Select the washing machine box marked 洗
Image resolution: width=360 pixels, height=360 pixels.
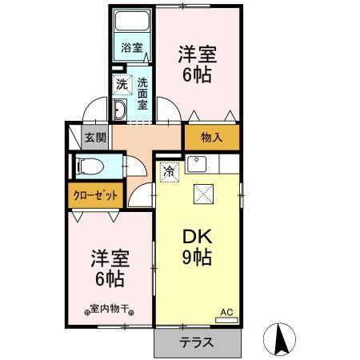pyautogui.click(x=121, y=82)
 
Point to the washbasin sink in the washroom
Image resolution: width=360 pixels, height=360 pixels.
pyautogui.click(x=120, y=110)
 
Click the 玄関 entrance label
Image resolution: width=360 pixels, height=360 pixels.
pyautogui.click(x=95, y=137)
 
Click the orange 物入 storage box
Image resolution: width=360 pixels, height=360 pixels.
pyautogui.click(x=211, y=138)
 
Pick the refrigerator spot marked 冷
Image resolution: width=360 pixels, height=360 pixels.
pyautogui.click(x=170, y=170)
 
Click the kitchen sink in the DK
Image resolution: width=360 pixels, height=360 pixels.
pyautogui.click(x=196, y=166)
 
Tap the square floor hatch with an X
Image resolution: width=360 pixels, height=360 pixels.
pyautogui.click(x=203, y=194)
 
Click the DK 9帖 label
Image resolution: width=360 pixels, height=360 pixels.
pyautogui.click(x=195, y=248)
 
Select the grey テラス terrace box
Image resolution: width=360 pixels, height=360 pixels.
pyautogui.click(x=197, y=342)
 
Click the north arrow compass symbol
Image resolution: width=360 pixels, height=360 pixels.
pyautogui.click(x=282, y=339)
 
